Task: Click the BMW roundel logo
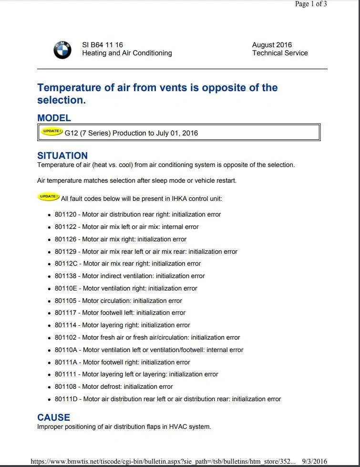pyautogui.click(x=62, y=50)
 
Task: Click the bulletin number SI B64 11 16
pyautogui.click(x=103, y=45)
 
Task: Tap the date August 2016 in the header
pyautogui.click(x=272, y=45)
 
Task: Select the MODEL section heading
pyautogui.click(x=54, y=118)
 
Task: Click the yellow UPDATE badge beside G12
pyautogui.click(x=51, y=132)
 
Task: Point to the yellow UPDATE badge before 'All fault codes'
pyautogui.click(x=48, y=197)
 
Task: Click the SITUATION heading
pyautogui.click(x=62, y=156)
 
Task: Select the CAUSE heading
pyautogui.click(x=53, y=417)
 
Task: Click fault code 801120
pyautogui.click(x=65, y=215)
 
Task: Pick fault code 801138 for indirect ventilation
pyautogui.click(x=65, y=276)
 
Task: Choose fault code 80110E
pyautogui.click(x=66, y=289)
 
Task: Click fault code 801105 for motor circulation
pyautogui.click(x=65, y=301)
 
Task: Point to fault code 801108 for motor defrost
pyautogui.click(x=65, y=387)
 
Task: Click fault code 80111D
pyautogui.click(x=66, y=399)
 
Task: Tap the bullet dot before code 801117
pyautogui.click(x=49, y=313)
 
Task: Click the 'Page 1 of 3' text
pyautogui.click(x=311, y=4)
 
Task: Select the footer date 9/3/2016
pyautogui.click(x=314, y=462)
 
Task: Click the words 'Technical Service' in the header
pyautogui.click(x=280, y=53)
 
